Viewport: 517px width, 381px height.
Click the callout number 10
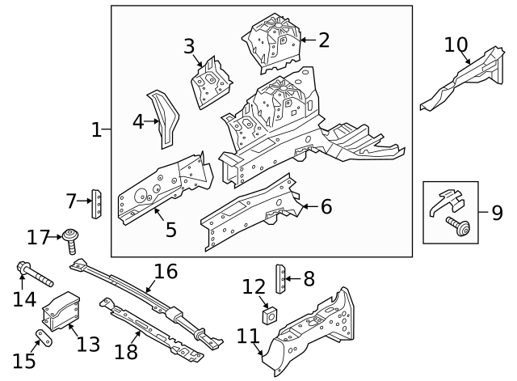coord(456,44)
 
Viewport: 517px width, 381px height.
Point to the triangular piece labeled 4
coord(167,121)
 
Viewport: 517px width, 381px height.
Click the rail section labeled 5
coord(162,189)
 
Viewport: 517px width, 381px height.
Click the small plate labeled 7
coord(97,202)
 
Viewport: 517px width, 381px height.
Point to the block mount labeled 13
coord(61,311)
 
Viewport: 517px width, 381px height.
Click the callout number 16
coord(165,271)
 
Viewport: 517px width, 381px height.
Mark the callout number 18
coord(126,352)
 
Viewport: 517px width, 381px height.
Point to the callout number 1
coord(96,129)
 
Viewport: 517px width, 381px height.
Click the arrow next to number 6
coord(305,207)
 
